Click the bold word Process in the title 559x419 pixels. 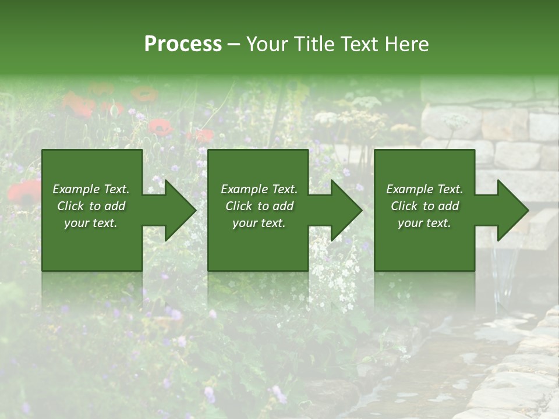(183, 44)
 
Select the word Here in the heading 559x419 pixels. (406, 44)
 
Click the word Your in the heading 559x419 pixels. (268, 44)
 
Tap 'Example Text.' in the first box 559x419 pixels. (91, 189)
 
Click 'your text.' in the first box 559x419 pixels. (91, 223)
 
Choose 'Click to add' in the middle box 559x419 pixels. (259, 206)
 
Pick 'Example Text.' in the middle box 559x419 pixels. (259, 189)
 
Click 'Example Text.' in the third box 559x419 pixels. (424, 189)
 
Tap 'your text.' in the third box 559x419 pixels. (424, 223)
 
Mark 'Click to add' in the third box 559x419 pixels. (424, 206)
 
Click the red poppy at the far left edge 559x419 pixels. (23, 192)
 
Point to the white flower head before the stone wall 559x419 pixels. (455, 121)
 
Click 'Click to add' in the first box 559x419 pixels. (91, 206)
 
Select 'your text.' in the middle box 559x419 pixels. (259, 223)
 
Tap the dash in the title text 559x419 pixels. (234, 45)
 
